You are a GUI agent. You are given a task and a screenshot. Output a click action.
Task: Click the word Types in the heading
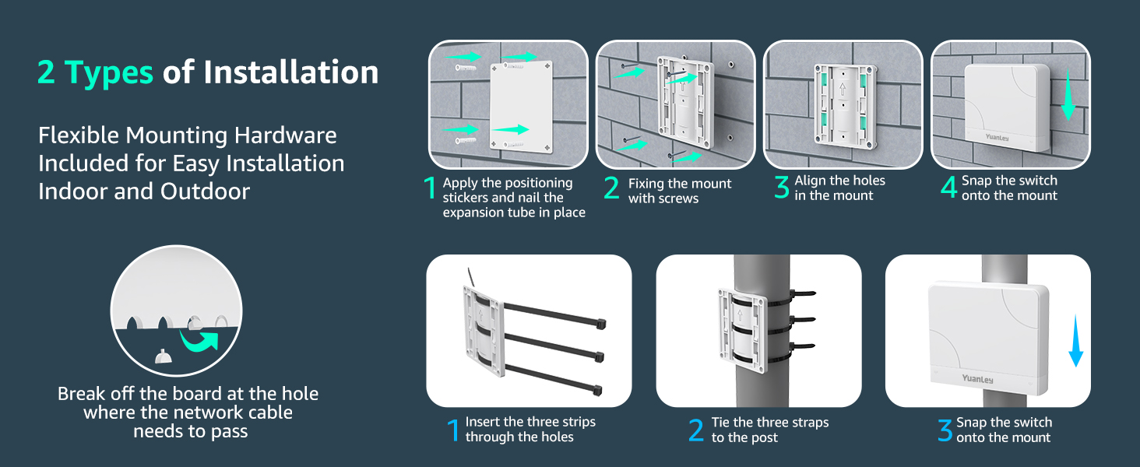click(108, 72)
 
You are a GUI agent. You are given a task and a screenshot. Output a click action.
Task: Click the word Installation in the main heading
click(291, 72)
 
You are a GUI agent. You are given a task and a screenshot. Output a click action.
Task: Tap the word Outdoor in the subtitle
click(205, 191)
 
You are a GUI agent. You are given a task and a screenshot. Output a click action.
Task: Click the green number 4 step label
click(948, 188)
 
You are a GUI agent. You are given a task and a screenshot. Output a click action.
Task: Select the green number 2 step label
click(611, 188)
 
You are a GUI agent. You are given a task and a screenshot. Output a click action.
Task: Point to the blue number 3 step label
click(945, 430)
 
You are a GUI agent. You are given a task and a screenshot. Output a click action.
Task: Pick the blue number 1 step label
click(453, 430)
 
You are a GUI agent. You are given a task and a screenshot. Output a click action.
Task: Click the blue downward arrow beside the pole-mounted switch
click(1075, 340)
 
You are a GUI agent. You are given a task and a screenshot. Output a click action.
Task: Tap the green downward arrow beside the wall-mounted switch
click(1068, 95)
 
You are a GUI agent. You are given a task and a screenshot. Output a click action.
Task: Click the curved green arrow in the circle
click(199, 340)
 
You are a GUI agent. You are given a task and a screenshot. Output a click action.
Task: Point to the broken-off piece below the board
click(163, 356)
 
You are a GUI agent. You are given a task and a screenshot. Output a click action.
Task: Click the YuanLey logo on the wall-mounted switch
click(997, 137)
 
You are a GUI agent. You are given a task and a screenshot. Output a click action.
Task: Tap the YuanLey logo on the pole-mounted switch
click(978, 379)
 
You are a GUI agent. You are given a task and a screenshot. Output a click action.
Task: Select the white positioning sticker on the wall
click(521, 107)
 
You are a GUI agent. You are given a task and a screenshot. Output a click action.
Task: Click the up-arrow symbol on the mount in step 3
click(843, 90)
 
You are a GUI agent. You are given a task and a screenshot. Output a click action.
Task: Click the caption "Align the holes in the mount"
click(839, 188)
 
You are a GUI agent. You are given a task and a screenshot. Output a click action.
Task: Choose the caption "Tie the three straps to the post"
click(770, 430)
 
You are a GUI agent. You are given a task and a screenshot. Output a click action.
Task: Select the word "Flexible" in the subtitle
click(79, 135)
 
